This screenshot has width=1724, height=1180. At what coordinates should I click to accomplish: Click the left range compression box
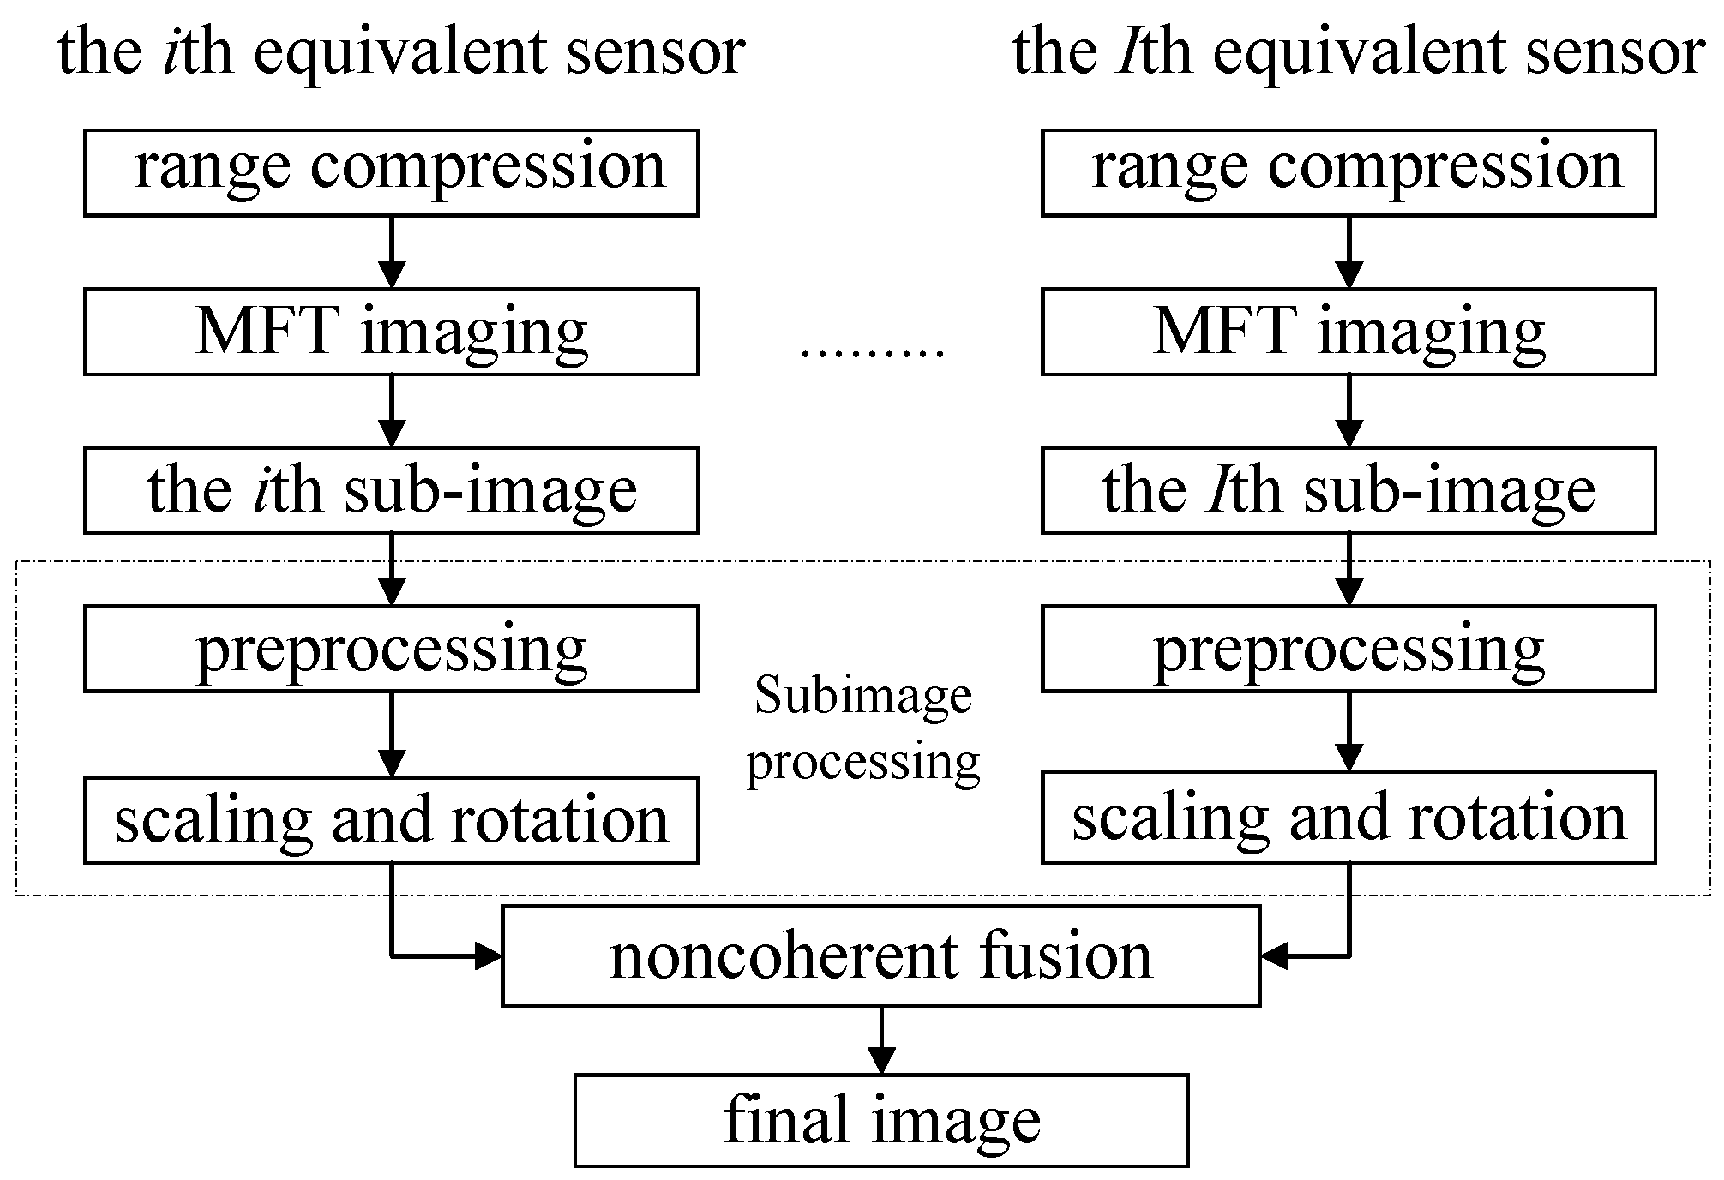[x=391, y=172]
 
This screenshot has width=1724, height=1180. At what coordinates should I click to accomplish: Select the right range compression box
[x=1349, y=172]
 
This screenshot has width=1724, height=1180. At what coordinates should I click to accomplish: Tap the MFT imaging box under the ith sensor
[x=391, y=332]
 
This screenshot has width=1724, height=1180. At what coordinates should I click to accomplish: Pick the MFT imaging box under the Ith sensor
[x=1349, y=332]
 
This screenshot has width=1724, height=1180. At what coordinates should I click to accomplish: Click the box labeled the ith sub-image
[x=391, y=490]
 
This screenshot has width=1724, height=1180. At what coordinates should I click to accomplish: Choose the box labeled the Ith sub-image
[x=1349, y=490]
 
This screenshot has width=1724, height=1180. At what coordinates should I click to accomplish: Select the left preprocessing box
[x=391, y=649]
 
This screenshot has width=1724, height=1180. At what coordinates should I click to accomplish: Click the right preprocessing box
[x=1349, y=649]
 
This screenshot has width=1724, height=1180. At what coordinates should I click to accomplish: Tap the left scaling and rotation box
[x=391, y=820]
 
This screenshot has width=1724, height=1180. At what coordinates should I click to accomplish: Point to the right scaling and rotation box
[x=1349, y=817]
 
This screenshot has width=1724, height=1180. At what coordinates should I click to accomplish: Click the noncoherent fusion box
[x=880, y=956]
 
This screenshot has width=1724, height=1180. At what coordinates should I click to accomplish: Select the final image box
[x=880, y=1120]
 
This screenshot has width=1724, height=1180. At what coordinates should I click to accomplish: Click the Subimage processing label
[x=863, y=728]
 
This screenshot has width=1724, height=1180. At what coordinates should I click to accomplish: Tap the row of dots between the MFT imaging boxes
[x=871, y=352]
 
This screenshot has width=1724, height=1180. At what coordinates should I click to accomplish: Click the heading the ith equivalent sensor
[x=401, y=53]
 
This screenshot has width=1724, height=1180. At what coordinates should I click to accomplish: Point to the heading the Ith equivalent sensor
[x=1357, y=53]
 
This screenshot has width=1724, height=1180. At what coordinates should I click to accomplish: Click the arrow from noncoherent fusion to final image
[x=881, y=1039]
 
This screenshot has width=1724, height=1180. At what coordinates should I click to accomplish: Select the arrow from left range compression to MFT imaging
[x=392, y=252]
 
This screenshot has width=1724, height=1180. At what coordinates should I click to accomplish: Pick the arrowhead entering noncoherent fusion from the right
[x=1275, y=956]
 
